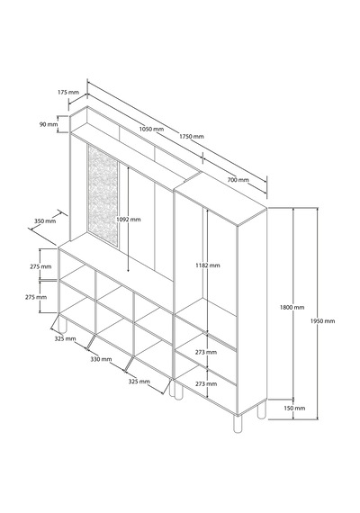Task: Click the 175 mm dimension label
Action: (x=68, y=93)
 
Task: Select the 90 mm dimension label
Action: (x=48, y=124)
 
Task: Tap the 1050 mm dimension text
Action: (x=151, y=129)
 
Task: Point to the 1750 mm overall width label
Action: (x=192, y=136)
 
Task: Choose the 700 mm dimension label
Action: (x=238, y=180)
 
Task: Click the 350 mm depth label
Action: (x=45, y=220)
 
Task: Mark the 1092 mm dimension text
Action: (x=129, y=219)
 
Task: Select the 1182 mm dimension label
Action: (x=208, y=265)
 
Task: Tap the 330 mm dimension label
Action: (x=101, y=359)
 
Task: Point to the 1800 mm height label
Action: (x=292, y=307)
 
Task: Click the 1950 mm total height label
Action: (x=323, y=321)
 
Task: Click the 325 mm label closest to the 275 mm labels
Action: (x=65, y=338)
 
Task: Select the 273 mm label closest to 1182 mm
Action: (x=206, y=353)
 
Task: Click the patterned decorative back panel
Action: (x=103, y=195)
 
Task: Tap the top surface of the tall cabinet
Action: (x=220, y=199)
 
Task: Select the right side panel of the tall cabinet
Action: (x=252, y=310)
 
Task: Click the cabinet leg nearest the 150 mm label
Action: (x=262, y=410)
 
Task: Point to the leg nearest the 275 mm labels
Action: (x=62, y=324)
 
